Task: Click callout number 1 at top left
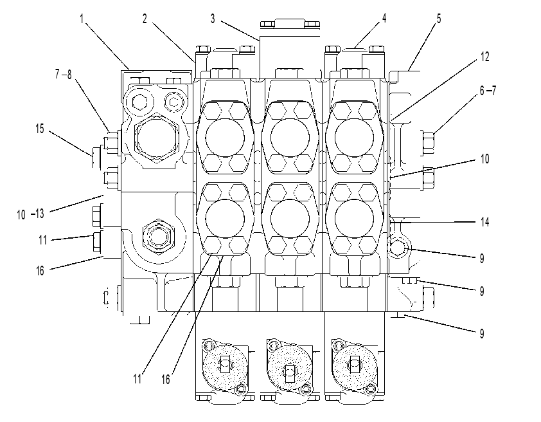coord(82,19)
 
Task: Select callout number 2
coord(145,19)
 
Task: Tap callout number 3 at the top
coord(213,19)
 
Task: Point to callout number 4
coord(384,18)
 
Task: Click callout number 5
coord(439,18)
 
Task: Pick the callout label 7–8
coord(63,74)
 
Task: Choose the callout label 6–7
coord(488,91)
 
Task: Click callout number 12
coord(484,57)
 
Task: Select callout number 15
coord(40,129)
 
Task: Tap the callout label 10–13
coord(30,214)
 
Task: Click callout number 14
coord(484,222)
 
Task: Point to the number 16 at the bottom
coord(166,380)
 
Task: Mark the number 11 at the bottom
coord(137,379)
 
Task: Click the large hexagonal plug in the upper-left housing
coord(156,138)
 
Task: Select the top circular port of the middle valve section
coord(290,138)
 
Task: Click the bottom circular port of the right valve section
coord(354,219)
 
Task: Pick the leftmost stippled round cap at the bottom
coord(225,365)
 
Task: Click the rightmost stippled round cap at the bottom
coord(355,365)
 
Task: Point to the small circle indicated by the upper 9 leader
coord(397,248)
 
